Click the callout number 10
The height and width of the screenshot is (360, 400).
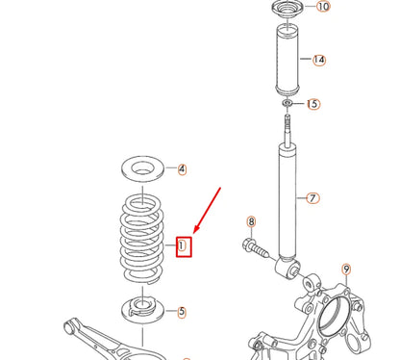click(322, 7)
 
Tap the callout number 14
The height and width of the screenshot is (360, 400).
click(319, 60)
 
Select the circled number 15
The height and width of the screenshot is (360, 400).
click(313, 104)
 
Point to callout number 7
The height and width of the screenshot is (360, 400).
click(312, 199)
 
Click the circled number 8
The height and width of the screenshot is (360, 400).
click(252, 222)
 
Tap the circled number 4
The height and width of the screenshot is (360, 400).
click(183, 169)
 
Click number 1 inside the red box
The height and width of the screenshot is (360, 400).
click(182, 246)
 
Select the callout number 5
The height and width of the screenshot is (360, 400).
click(182, 312)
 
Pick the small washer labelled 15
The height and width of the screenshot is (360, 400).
click(287, 103)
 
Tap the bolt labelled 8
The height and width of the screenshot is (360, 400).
click(257, 248)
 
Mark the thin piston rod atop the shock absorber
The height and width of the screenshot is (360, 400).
click(287, 127)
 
